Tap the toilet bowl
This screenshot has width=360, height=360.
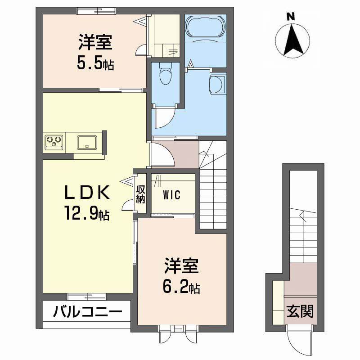165,74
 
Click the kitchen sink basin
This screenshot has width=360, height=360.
85,142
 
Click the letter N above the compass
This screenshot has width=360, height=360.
291,17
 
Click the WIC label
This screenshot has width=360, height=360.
172,195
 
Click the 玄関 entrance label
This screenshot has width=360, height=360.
300,311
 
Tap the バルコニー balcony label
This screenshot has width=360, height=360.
87,311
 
